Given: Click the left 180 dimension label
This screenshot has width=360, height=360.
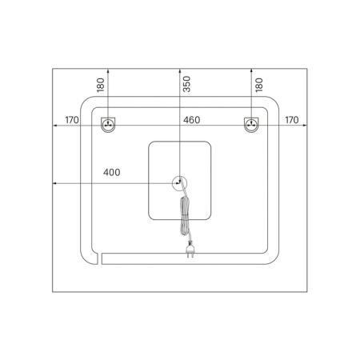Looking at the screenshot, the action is [100, 85].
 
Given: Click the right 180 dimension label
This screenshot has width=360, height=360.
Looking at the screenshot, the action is [259, 85].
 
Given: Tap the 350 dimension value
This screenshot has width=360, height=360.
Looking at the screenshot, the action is [186, 84].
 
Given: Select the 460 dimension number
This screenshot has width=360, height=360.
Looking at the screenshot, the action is [191, 120].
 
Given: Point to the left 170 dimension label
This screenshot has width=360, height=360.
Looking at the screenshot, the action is [72, 120].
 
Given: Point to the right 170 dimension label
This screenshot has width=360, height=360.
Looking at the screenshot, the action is [292, 120].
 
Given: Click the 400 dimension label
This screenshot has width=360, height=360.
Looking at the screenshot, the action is [112, 172].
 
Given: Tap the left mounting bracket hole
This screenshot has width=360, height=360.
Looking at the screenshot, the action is [108, 125].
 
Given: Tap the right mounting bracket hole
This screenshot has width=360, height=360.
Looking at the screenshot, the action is [251, 125].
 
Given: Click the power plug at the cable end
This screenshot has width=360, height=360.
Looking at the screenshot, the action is [190, 250].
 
